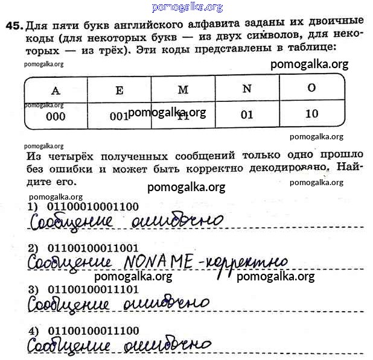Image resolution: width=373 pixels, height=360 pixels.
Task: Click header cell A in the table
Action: (56, 90)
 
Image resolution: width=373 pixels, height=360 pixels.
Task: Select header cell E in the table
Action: (120, 90)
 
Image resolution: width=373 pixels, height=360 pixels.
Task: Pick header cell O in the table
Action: (311, 87)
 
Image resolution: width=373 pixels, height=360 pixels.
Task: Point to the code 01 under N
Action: (246, 115)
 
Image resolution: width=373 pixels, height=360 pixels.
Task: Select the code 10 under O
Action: (312, 113)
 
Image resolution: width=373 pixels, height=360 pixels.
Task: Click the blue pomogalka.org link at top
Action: (188, 7)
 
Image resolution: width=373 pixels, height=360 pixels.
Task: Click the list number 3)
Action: (33, 290)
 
